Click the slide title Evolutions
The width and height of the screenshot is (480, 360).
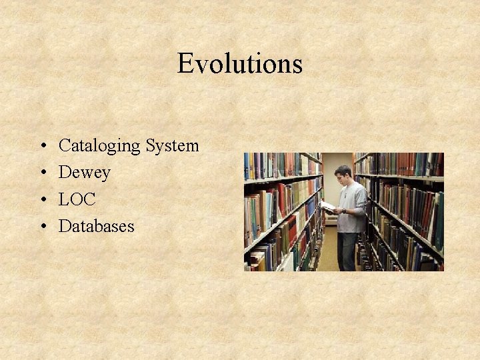pos(240,64)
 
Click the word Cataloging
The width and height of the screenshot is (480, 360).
pos(99,145)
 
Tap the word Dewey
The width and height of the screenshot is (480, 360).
pos(84,172)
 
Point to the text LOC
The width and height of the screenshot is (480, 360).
pos(77,199)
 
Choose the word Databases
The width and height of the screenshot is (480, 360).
pos(96,226)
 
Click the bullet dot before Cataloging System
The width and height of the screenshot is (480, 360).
pos(42,146)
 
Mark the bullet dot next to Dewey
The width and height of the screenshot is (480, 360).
pos(42,173)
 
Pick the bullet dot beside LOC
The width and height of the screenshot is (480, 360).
pos(42,199)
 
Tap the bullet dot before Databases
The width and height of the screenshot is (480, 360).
pos(42,227)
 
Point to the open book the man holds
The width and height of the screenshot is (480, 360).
pos(327,206)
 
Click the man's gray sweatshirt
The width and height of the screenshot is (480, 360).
pos(352,203)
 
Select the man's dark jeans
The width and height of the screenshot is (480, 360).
pos(347,250)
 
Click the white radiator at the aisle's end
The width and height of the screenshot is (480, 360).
pos(329,218)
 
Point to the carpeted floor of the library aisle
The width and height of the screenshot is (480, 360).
pos(329,257)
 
